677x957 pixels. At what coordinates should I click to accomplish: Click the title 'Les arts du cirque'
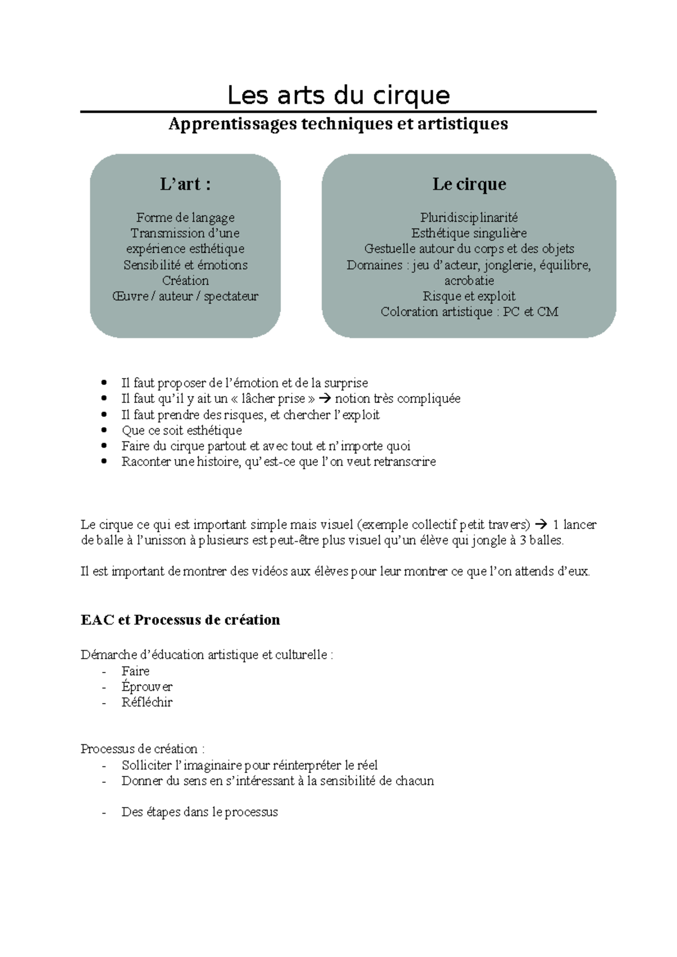338,95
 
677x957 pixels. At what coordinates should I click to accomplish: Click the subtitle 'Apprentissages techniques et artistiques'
338,124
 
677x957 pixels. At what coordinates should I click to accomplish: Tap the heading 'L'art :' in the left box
185,184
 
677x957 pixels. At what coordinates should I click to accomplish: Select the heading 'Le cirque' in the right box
469,184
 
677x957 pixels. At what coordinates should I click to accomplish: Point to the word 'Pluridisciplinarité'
469,217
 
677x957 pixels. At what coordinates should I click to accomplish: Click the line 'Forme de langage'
185,217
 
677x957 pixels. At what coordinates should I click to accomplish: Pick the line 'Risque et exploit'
469,296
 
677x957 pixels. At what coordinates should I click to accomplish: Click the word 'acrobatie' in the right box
469,280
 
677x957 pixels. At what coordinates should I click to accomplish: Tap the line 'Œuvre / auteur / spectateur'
185,296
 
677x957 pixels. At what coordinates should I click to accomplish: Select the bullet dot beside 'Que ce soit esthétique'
103,431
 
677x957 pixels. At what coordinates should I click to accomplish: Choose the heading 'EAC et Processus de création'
181,620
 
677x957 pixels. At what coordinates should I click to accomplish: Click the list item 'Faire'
135,671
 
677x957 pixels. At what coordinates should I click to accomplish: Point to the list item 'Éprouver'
147,687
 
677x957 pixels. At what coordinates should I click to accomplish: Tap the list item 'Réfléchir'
147,703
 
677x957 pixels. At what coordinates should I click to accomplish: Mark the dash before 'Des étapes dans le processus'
104,813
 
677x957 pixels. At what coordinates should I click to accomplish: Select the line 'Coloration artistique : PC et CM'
469,311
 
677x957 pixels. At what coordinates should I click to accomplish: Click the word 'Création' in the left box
185,280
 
